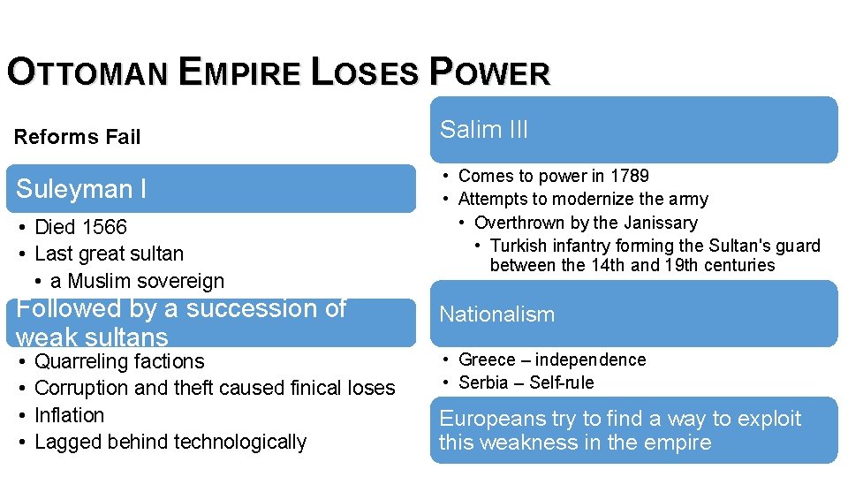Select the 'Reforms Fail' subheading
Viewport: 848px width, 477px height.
coord(78,137)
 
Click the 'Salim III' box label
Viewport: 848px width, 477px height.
coord(484,130)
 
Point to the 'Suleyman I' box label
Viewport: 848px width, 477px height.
coord(81,189)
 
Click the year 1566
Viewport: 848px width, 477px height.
coord(105,227)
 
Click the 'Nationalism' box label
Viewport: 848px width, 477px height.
coord(497,314)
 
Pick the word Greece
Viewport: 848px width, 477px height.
coord(487,360)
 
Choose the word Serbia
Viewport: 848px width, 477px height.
coord(484,382)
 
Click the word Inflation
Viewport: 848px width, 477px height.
coord(70,415)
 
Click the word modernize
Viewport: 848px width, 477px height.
coord(569,200)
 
